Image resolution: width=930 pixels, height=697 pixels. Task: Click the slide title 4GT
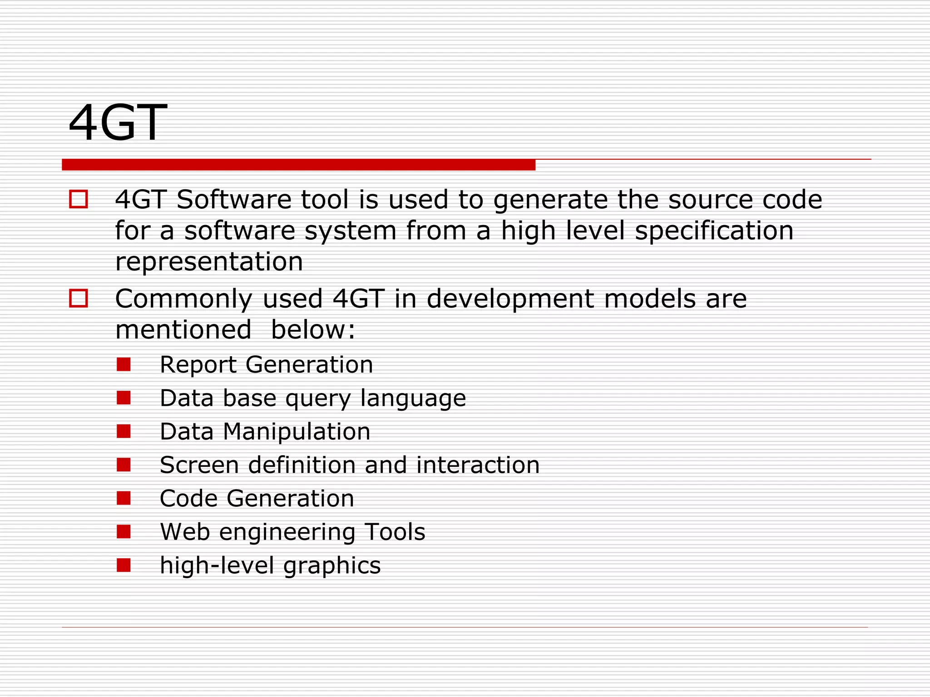118,123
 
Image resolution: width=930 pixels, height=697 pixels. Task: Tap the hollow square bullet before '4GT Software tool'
79,199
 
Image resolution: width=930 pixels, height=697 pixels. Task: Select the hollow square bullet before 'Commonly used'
79,298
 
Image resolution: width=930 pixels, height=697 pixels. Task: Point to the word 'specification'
714,231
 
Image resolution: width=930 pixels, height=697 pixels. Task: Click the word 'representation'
209,262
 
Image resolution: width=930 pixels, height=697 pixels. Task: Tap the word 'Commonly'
183,299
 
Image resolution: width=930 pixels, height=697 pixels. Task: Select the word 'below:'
313,329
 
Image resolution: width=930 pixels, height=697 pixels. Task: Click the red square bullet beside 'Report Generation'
124,364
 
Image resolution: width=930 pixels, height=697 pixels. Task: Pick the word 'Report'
198,365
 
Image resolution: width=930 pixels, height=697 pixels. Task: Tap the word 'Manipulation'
297,432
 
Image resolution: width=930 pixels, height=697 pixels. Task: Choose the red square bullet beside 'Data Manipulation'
124,431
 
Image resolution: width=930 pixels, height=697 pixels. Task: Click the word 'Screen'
199,465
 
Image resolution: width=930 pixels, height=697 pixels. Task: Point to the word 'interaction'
478,465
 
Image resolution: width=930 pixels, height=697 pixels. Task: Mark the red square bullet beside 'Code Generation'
124,498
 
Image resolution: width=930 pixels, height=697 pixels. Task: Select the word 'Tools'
395,532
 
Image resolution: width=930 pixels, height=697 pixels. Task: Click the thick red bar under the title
298,165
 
